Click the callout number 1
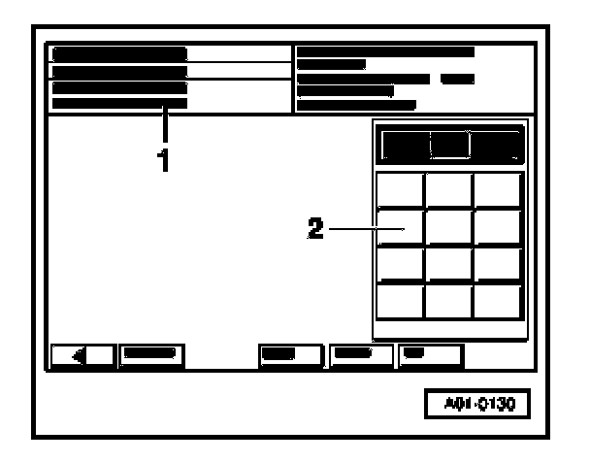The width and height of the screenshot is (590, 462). pyautogui.click(x=165, y=159)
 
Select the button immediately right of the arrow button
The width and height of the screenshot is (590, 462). pyautogui.click(x=150, y=354)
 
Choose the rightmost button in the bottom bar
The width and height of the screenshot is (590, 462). pyautogui.click(x=430, y=354)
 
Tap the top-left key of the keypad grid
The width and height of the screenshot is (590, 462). pyautogui.click(x=400, y=189)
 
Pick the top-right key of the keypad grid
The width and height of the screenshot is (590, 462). pyautogui.click(x=498, y=189)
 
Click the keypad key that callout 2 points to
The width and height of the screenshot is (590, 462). pyautogui.click(x=400, y=227)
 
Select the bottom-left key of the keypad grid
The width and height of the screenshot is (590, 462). pyautogui.click(x=400, y=301)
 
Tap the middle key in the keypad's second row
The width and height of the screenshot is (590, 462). pyautogui.click(x=448, y=227)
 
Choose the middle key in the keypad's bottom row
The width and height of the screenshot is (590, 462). pyautogui.click(x=448, y=301)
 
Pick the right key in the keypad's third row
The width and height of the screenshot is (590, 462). pyautogui.click(x=498, y=264)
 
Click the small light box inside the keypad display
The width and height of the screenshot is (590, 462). pyautogui.click(x=450, y=145)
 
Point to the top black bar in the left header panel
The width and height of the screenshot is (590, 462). pyautogui.click(x=119, y=53)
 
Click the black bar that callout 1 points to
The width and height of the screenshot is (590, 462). pyautogui.click(x=119, y=103)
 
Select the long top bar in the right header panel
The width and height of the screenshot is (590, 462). pyautogui.click(x=385, y=50)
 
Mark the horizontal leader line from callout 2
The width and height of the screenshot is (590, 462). pyautogui.click(x=364, y=230)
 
